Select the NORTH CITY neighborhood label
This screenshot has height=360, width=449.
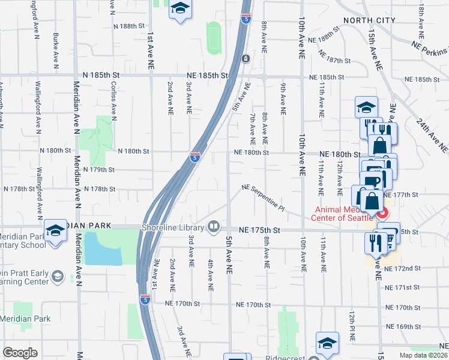pos(369,20)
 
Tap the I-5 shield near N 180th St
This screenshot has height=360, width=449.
pos(195,157)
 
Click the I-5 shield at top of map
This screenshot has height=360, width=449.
pos(246,19)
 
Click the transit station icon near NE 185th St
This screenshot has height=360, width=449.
pos(246,59)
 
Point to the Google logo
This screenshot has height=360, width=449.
pos(20,353)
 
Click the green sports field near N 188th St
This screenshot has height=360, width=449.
pos(214,37)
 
